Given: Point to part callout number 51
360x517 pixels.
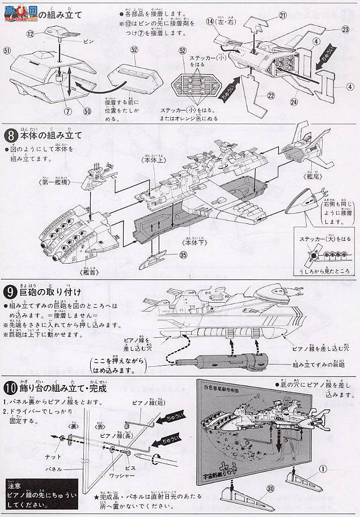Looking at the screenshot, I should point(7,51).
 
